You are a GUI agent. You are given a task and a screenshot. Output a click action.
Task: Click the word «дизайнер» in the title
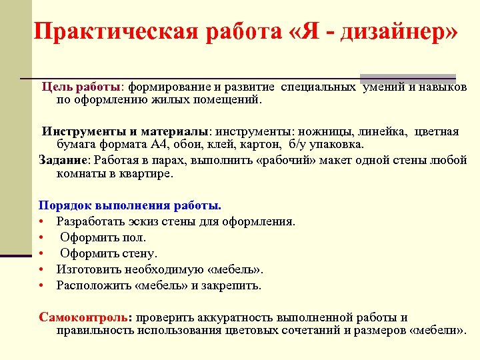399,31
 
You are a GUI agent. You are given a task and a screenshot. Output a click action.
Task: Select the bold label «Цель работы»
81,87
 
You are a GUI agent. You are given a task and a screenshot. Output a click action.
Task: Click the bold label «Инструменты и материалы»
125,131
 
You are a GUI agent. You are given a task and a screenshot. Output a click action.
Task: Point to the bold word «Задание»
63,160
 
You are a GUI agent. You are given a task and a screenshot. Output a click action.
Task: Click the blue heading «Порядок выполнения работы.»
130,205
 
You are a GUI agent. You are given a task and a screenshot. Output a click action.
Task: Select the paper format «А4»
175,145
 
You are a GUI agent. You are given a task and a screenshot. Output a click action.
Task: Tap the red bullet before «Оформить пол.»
41,237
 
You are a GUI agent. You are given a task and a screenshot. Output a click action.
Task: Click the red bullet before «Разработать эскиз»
41,221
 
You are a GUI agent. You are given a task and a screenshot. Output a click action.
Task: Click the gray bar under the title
407,77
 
